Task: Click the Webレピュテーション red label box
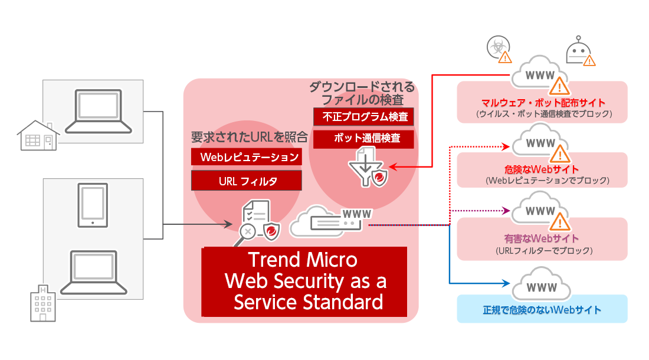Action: click(x=247, y=157)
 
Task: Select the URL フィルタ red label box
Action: click(x=247, y=181)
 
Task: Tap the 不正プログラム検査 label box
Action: click(x=363, y=117)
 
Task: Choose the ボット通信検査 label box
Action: click(x=363, y=139)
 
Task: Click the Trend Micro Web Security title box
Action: click(x=304, y=282)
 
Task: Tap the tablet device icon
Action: click(x=93, y=205)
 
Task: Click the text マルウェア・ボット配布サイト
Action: click(x=543, y=103)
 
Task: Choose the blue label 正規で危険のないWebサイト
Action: click(x=542, y=310)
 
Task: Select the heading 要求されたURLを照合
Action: click(x=250, y=138)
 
